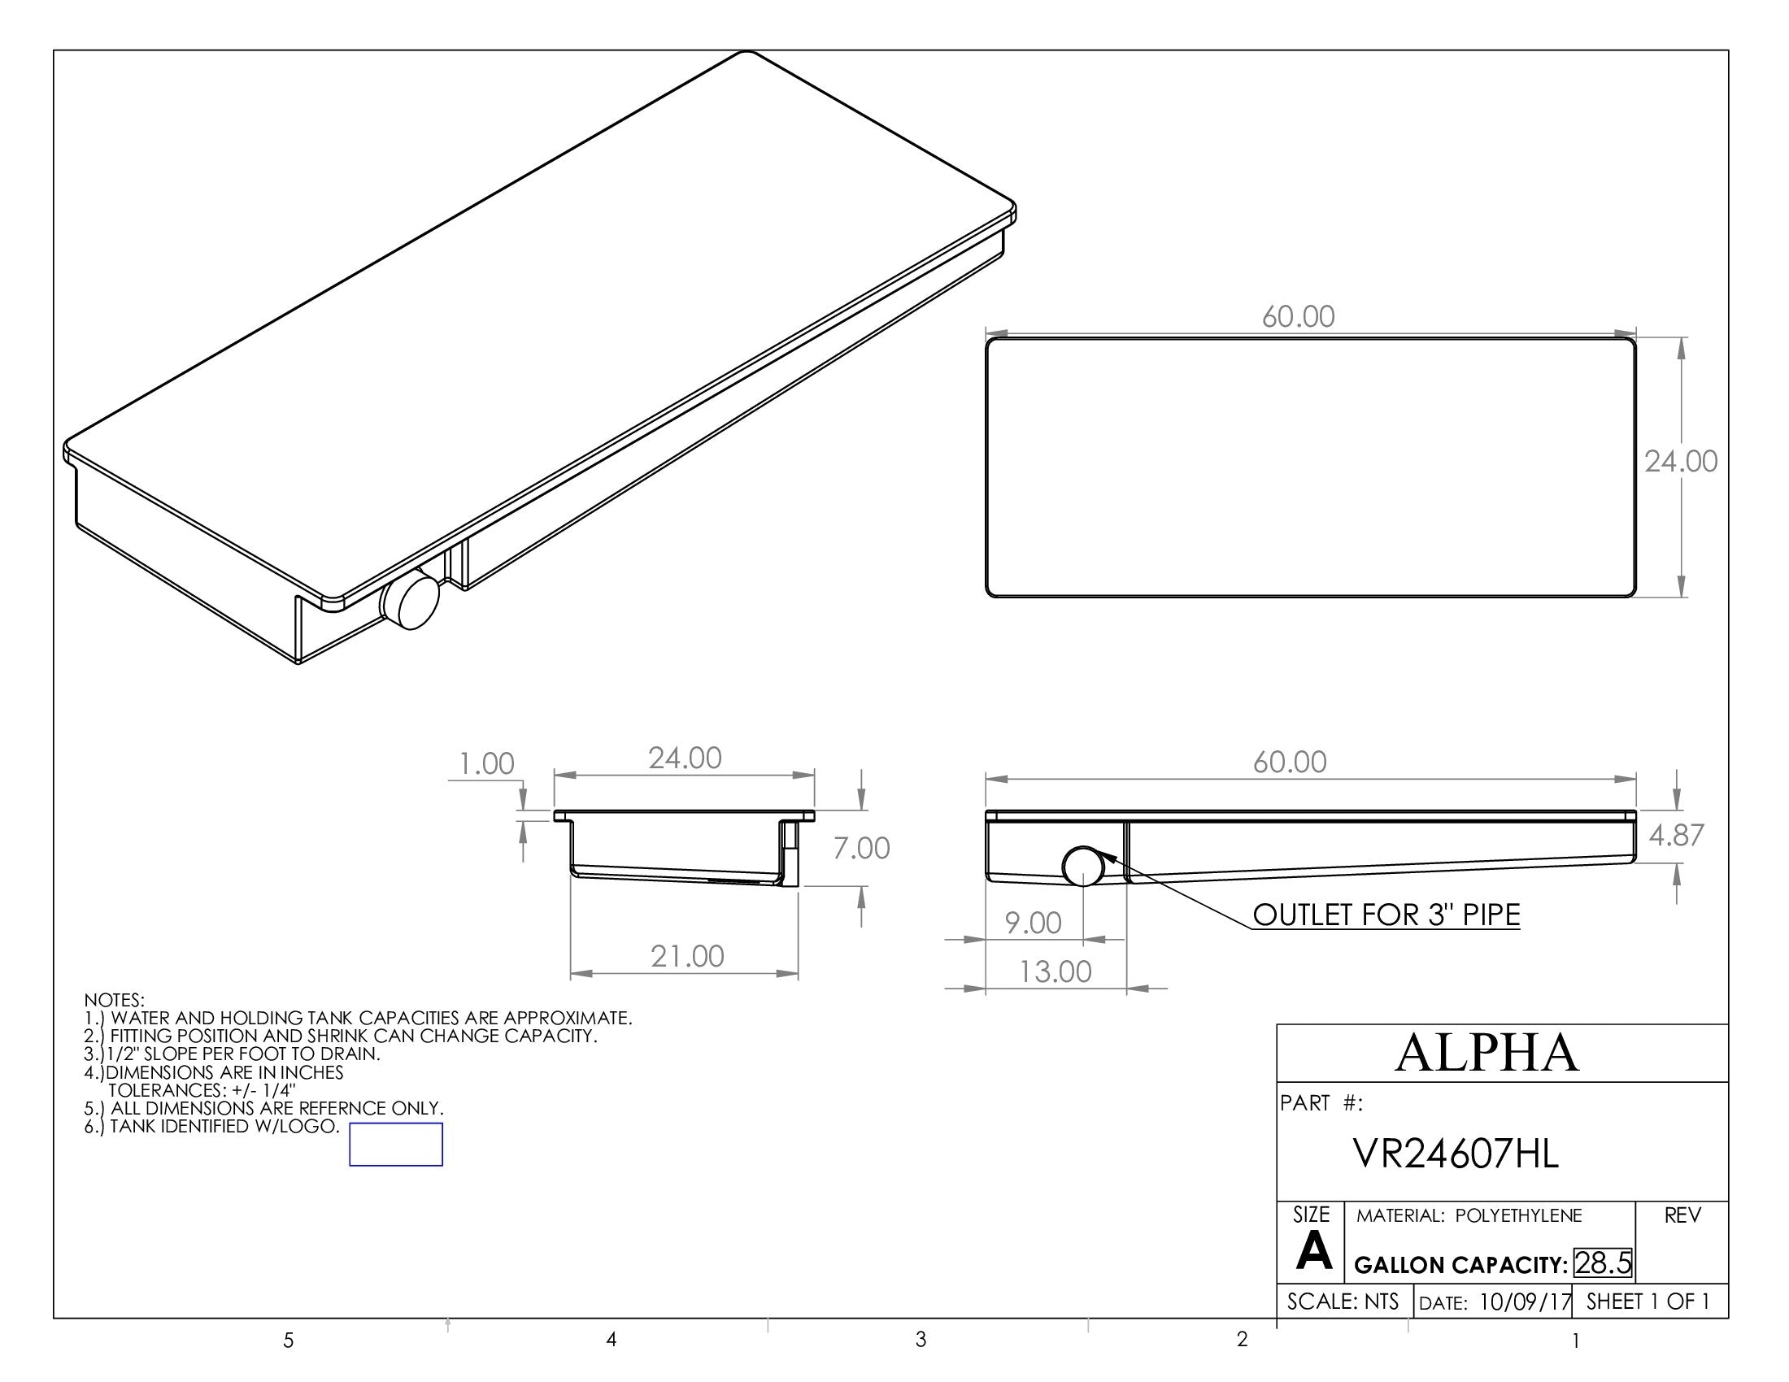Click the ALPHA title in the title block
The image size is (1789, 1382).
tap(1486, 1053)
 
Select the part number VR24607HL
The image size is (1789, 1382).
tap(1456, 1154)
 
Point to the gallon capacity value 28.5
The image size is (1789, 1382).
tap(1602, 1262)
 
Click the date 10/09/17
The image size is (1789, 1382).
tap(1526, 1302)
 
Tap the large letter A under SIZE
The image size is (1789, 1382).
tap(1313, 1253)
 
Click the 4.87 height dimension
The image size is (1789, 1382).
tap(1676, 835)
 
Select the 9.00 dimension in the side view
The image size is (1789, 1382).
tap(1033, 924)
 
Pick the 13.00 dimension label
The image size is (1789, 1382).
tap(1055, 971)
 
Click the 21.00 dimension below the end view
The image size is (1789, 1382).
tap(687, 956)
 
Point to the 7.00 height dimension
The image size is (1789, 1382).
tap(861, 848)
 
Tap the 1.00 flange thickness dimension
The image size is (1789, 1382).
tap(486, 764)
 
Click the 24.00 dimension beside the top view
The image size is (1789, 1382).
tap(1681, 462)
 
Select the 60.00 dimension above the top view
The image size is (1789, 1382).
tap(1298, 317)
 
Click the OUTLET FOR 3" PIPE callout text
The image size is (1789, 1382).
tap(1386, 915)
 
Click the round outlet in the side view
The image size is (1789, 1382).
tap(1083, 867)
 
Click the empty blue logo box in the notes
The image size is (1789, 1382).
tap(396, 1144)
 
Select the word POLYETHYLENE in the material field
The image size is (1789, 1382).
tap(1518, 1216)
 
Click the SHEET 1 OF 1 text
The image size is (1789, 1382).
tap(1648, 1302)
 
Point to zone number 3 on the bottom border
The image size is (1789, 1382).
tap(921, 1340)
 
